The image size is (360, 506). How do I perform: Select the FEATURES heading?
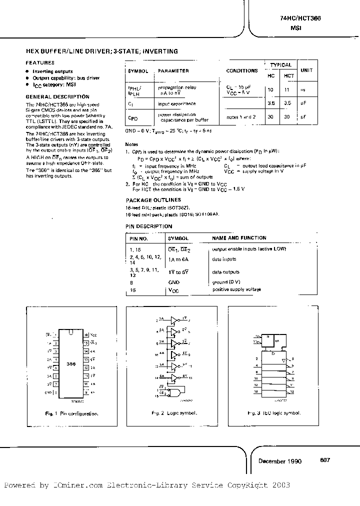click(40, 63)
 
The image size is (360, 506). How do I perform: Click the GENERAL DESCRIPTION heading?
click(57, 96)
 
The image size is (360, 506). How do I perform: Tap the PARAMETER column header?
click(173, 71)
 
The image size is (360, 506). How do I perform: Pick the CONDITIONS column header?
click(242, 71)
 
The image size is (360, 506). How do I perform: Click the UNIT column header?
click(306, 70)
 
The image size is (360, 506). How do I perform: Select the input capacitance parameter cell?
click(177, 103)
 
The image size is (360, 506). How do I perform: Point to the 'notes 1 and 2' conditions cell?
click(240, 116)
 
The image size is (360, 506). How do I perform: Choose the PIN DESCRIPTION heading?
click(149, 226)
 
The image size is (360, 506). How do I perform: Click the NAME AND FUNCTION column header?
click(239, 238)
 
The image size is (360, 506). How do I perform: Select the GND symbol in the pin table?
click(174, 282)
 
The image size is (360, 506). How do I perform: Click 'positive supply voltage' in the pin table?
click(236, 289)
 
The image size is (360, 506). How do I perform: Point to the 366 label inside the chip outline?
click(71, 365)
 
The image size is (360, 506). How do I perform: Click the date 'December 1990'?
click(280, 461)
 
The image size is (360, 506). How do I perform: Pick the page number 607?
click(325, 460)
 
